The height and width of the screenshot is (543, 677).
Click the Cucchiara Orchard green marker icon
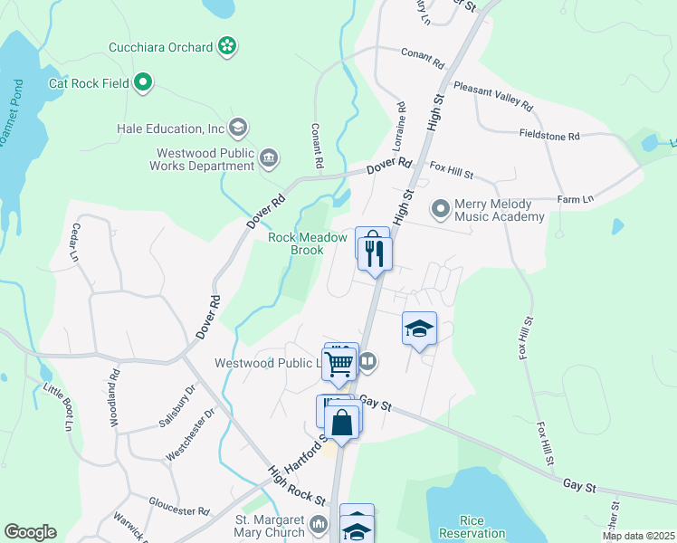[227, 45]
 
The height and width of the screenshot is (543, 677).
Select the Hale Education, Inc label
[170, 128]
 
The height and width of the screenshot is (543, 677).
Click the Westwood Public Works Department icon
[269, 159]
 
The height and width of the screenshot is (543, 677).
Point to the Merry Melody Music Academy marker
[441, 210]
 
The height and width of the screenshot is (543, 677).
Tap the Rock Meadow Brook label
[309, 243]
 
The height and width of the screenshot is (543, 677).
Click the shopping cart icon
[338, 365]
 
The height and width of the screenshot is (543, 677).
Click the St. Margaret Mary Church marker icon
[318, 525]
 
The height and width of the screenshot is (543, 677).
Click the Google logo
[30, 532]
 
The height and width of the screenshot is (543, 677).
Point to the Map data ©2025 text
[638, 536]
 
